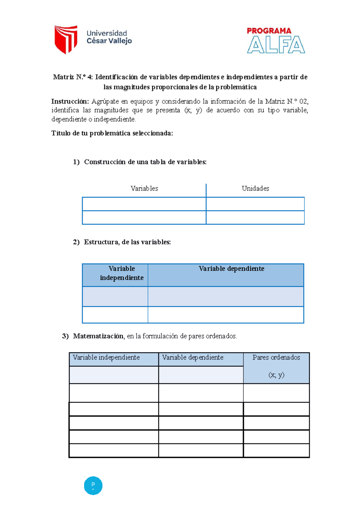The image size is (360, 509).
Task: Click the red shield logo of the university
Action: pos(66,39)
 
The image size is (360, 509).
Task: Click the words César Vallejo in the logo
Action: pos(109,41)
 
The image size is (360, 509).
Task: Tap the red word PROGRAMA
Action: pos(269,31)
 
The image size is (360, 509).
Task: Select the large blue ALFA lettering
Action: pos(276,45)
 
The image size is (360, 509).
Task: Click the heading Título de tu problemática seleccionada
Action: pos(112,133)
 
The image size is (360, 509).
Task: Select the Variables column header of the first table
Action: pos(144,189)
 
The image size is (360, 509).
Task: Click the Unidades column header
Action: pos(255,189)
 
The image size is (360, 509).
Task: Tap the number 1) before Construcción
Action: pos(76,162)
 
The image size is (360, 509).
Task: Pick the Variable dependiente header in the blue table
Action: pos(231,269)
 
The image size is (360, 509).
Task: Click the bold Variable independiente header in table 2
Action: pos(121,273)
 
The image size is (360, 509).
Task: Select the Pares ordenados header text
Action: pos(276,358)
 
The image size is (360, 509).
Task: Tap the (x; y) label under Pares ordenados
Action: pos(276,375)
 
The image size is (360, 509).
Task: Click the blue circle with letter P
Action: pos(93,485)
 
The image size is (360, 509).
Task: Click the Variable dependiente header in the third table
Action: pos(193,358)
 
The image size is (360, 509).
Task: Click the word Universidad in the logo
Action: pos(107,33)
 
